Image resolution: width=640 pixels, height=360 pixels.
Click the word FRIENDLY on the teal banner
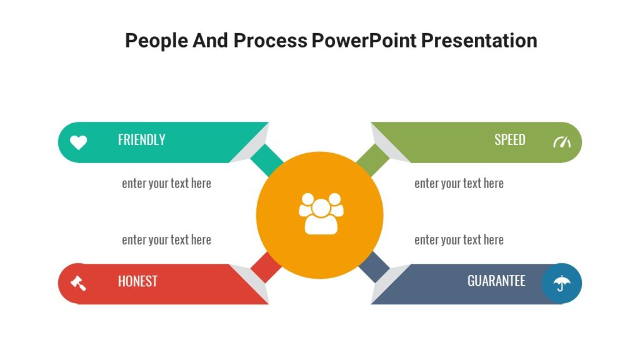pyautogui.click(x=141, y=140)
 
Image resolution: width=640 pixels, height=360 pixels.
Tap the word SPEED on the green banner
pyautogui.click(x=509, y=140)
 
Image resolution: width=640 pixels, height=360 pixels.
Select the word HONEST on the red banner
pyautogui.click(x=137, y=281)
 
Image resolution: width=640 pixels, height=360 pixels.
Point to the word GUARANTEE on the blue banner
pyautogui.click(x=496, y=281)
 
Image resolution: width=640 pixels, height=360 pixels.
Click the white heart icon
pyautogui.click(x=78, y=142)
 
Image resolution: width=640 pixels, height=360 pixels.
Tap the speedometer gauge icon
pyautogui.click(x=562, y=142)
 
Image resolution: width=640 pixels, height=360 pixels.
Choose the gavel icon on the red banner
pyautogui.click(x=78, y=283)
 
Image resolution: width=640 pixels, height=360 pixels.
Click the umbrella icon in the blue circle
pyautogui.click(x=562, y=283)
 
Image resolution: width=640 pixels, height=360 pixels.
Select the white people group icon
pyautogui.click(x=321, y=214)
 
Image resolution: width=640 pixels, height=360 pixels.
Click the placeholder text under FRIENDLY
pyautogui.click(x=166, y=184)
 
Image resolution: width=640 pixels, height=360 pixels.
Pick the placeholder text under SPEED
pyautogui.click(x=459, y=184)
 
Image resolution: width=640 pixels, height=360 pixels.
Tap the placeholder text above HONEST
pyautogui.click(x=166, y=240)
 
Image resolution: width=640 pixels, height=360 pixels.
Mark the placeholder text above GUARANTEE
pyautogui.click(x=459, y=240)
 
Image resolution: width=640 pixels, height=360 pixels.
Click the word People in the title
pyautogui.click(x=156, y=41)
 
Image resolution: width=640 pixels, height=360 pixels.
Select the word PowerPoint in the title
pyautogui.click(x=364, y=41)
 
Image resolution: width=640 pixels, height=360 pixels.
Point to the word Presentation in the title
pyautogui.click(x=479, y=41)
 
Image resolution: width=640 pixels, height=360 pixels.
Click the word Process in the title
pyautogui.click(x=271, y=41)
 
